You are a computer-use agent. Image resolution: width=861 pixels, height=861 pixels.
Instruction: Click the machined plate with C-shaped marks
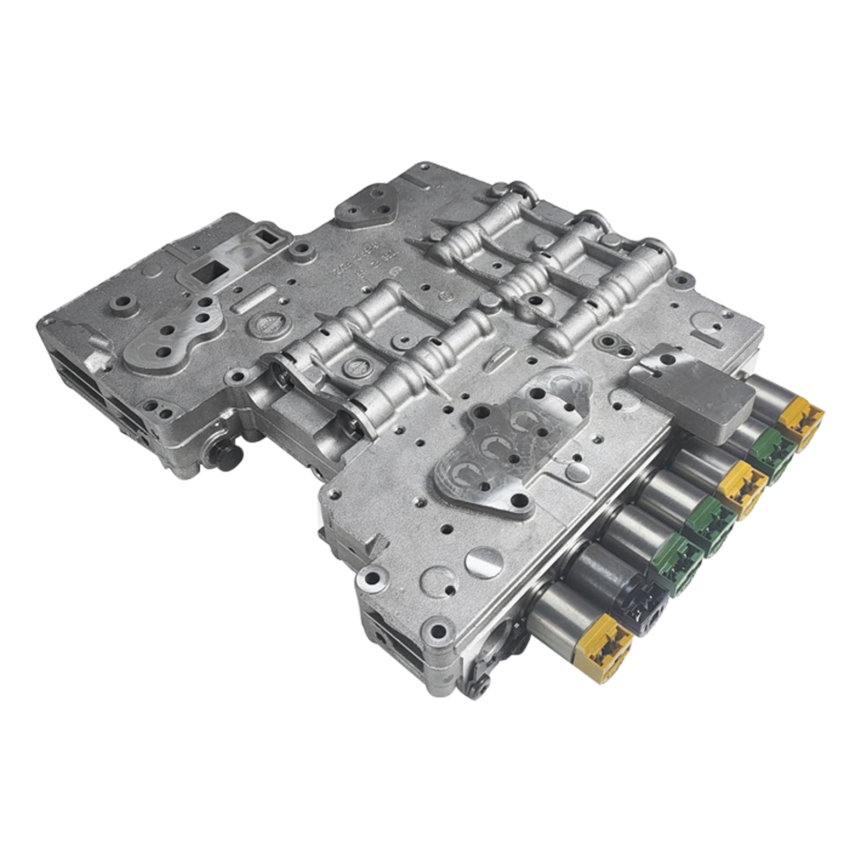[x=506, y=441]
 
